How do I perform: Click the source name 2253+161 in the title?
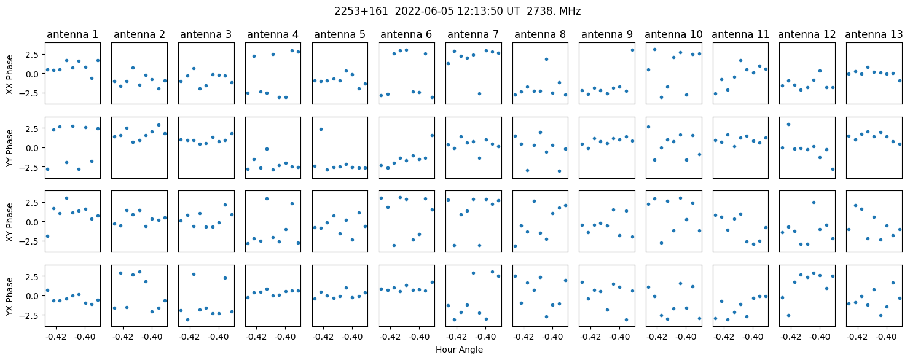tap(361, 12)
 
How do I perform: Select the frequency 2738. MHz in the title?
tap(554, 12)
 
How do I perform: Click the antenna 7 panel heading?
tap(473, 35)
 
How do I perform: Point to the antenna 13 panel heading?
tap(874, 35)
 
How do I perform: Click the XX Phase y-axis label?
tap(10, 74)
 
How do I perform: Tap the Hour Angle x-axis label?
tap(459, 350)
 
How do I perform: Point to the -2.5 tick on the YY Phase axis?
tap(33, 167)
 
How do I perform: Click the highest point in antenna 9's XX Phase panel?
tap(632, 50)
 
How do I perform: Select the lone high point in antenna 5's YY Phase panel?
tap(321, 129)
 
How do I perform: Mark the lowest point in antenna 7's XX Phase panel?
tap(479, 93)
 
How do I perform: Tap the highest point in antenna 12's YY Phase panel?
tap(788, 124)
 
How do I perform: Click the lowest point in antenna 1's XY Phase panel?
tap(47, 236)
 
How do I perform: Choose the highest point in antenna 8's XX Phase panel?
tap(546, 60)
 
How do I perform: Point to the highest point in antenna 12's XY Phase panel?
tap(814, 202)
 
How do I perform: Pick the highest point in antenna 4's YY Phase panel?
tap(267, 149)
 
